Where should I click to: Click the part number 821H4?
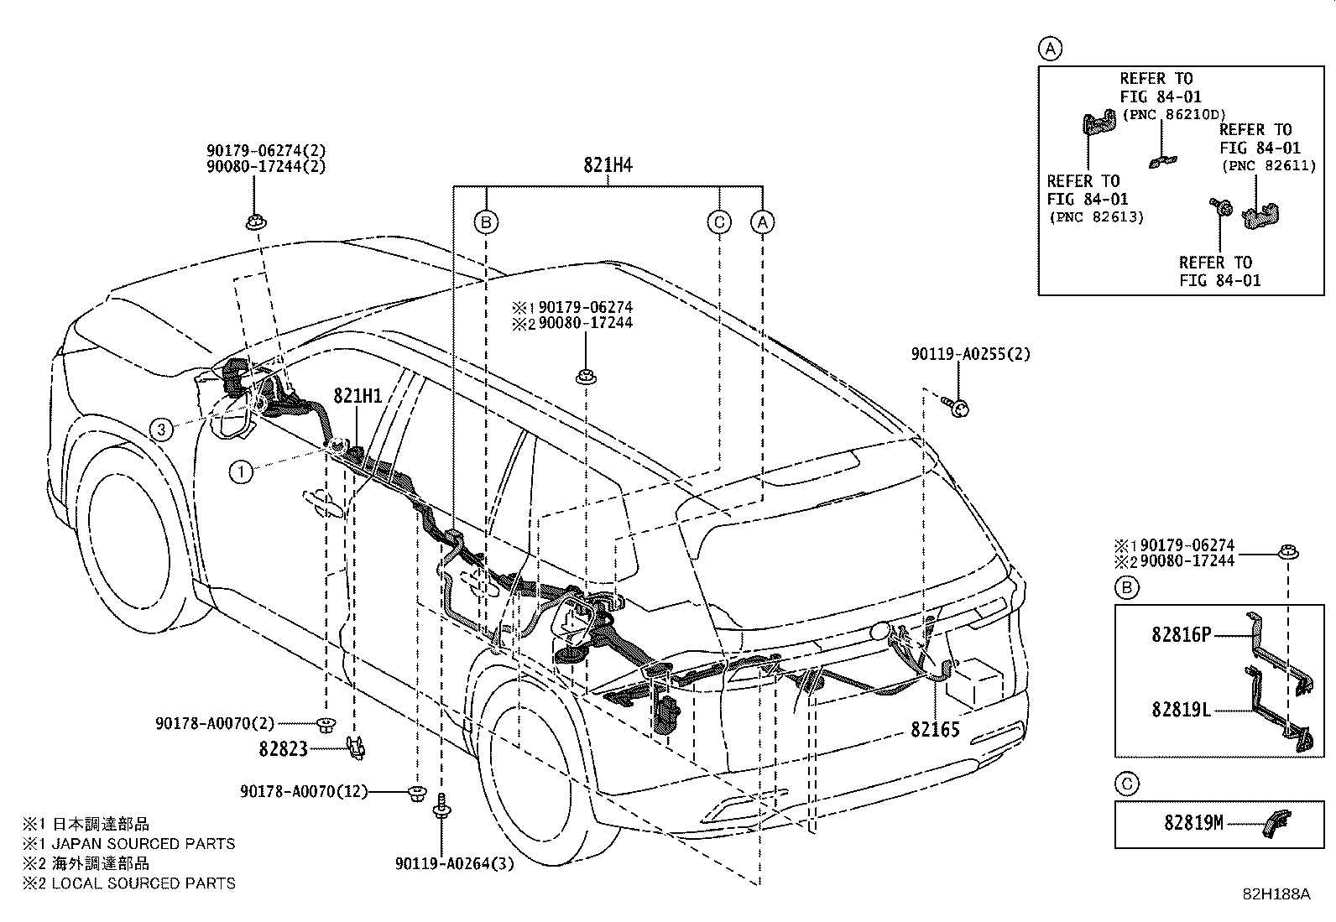[608, 164]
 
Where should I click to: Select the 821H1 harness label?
[357, 395]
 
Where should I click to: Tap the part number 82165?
[935, 729]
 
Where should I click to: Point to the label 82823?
[283, 748]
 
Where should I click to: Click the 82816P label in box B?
[1181, 634]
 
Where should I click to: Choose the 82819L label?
[1181, 710]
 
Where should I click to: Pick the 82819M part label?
[1193, 823]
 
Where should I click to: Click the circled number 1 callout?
[241, 472]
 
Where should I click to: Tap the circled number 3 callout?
[161, 430]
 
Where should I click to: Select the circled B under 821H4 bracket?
[486, 222]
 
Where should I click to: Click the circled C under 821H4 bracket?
[719, 222]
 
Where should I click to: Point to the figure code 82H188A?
[1276, 894]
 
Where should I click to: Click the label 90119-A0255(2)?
[970, 354]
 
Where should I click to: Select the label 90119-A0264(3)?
[455, 863]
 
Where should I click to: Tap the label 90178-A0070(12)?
[304, 791]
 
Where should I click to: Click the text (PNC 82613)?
[1096, 217]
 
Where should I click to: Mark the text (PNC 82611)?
[1269, 166]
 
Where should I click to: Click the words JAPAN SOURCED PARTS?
[144, 844]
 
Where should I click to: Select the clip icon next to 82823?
[356, 747]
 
